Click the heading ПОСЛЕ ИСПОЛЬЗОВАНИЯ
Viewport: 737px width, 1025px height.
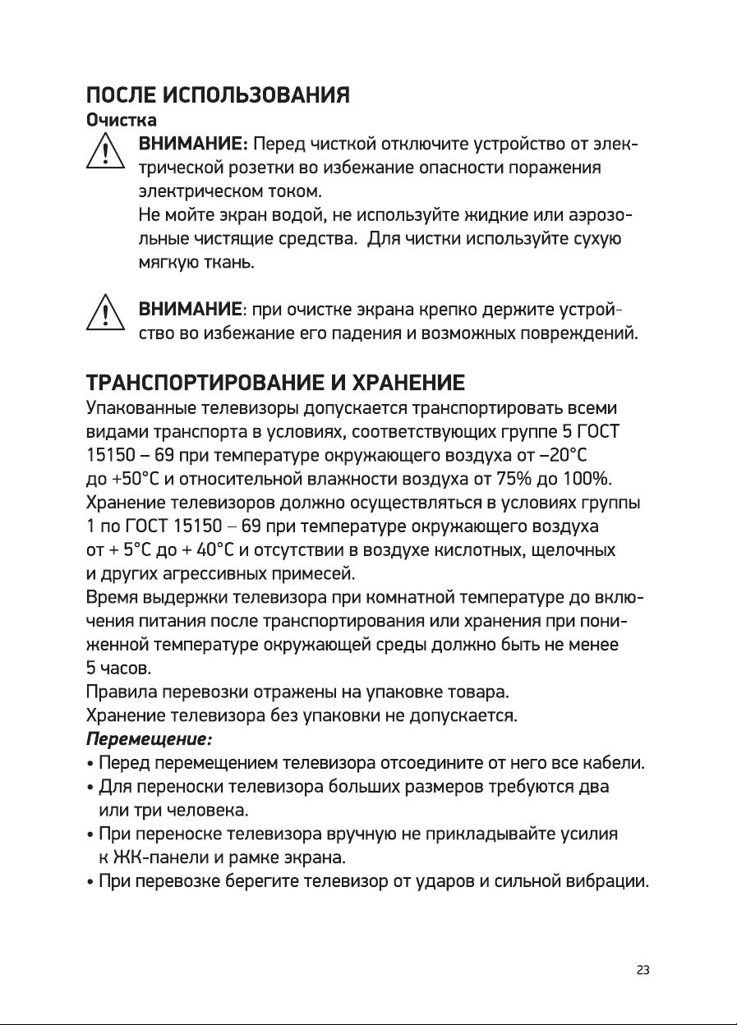(x=219, y=94)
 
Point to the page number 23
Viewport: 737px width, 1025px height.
(x=643, y=970)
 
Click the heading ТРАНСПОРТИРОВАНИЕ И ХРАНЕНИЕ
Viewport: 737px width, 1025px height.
(x=276, y=383)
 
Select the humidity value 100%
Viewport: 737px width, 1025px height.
(x=589, y=479)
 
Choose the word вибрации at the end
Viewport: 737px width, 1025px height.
(x=607, y=883)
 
